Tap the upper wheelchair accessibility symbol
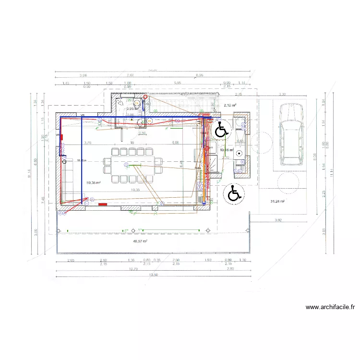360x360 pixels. [x=221, y=130]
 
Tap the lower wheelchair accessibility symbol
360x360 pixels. [x=234, y=193]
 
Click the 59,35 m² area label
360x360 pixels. [x=93, y=182]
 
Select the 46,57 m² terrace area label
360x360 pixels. [x=140, y=241]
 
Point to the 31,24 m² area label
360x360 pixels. [x=277, y=202]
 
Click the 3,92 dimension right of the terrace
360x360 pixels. [x=278, y=220]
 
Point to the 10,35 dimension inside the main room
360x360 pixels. [x=135, y=190]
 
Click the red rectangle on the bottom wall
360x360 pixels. [x=102, y=204]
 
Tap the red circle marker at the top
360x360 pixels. [x=145, y=96]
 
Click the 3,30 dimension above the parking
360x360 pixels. [x=282, y=95]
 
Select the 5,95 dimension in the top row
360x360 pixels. [x=178, y=83]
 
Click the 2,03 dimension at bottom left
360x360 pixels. [x=71, y=260]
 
